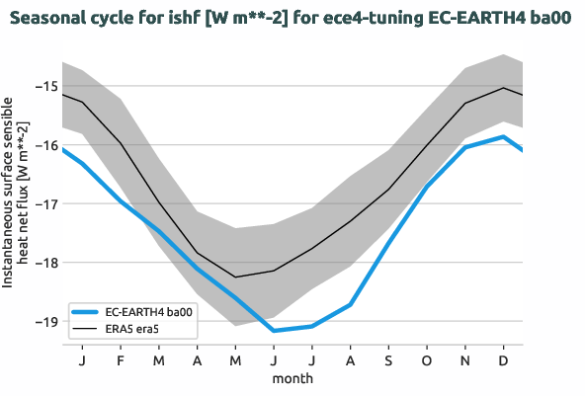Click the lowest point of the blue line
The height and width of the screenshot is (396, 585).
(x=274, y=331)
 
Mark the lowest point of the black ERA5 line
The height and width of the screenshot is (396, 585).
(x=235, y=277)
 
